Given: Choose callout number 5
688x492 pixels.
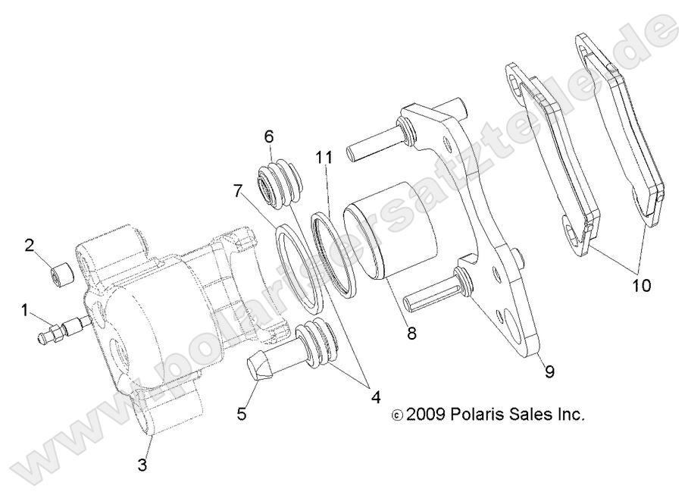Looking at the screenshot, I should tap(242, 413).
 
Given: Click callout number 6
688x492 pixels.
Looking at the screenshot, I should tap(269, 137).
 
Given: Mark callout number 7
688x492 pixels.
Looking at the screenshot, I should tap(238, 190).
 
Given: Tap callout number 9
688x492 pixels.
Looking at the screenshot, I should tap(549, 371).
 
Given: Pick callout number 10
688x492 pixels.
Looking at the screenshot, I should tap(640, 286).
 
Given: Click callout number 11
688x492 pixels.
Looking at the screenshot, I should tap(324, 158).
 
